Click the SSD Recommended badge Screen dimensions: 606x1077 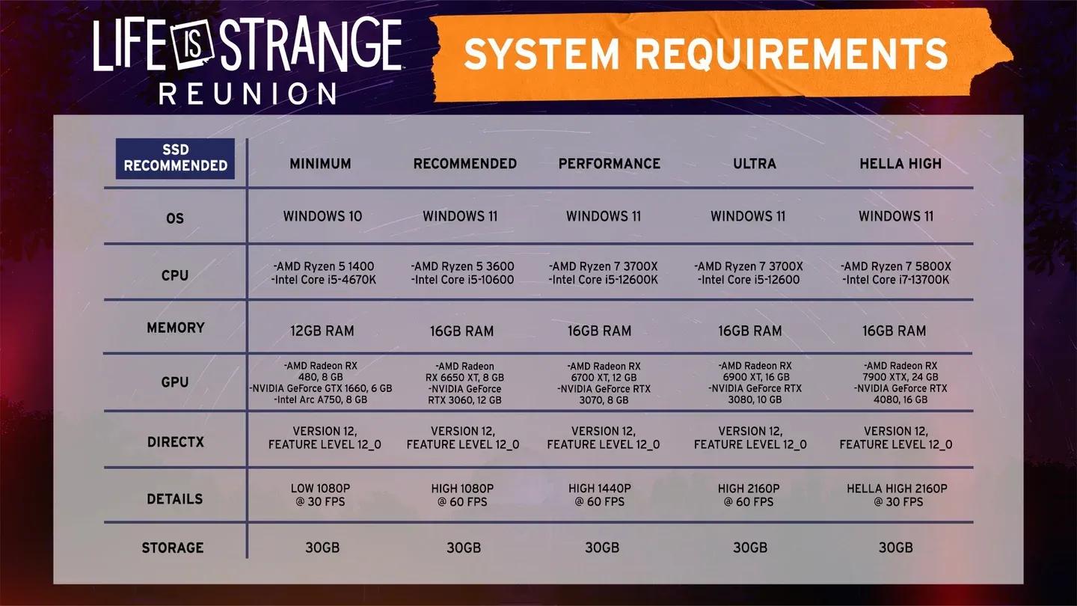click(175, 159)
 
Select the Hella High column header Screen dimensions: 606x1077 click(900, 163)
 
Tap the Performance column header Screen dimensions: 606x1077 click(609, 163)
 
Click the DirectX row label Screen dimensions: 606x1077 click(175, 442)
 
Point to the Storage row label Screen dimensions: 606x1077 click(173, 548)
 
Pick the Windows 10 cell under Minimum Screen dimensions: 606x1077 click(322, 216)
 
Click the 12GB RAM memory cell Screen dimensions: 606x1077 click(322, 331)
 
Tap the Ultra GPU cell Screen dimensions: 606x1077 click(754, 383)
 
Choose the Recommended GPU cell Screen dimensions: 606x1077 click(464, 383)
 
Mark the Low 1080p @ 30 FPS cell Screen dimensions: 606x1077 click(320, 495)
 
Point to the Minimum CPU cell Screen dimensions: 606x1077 click(322, 273)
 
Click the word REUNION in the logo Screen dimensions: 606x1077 click(248, 94)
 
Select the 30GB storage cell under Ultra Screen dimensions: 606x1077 click(749, 548)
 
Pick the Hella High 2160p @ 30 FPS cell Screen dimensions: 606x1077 click(897, 495)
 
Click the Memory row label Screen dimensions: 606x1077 click(175, 328)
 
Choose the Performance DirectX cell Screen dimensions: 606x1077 click(603, 438)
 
